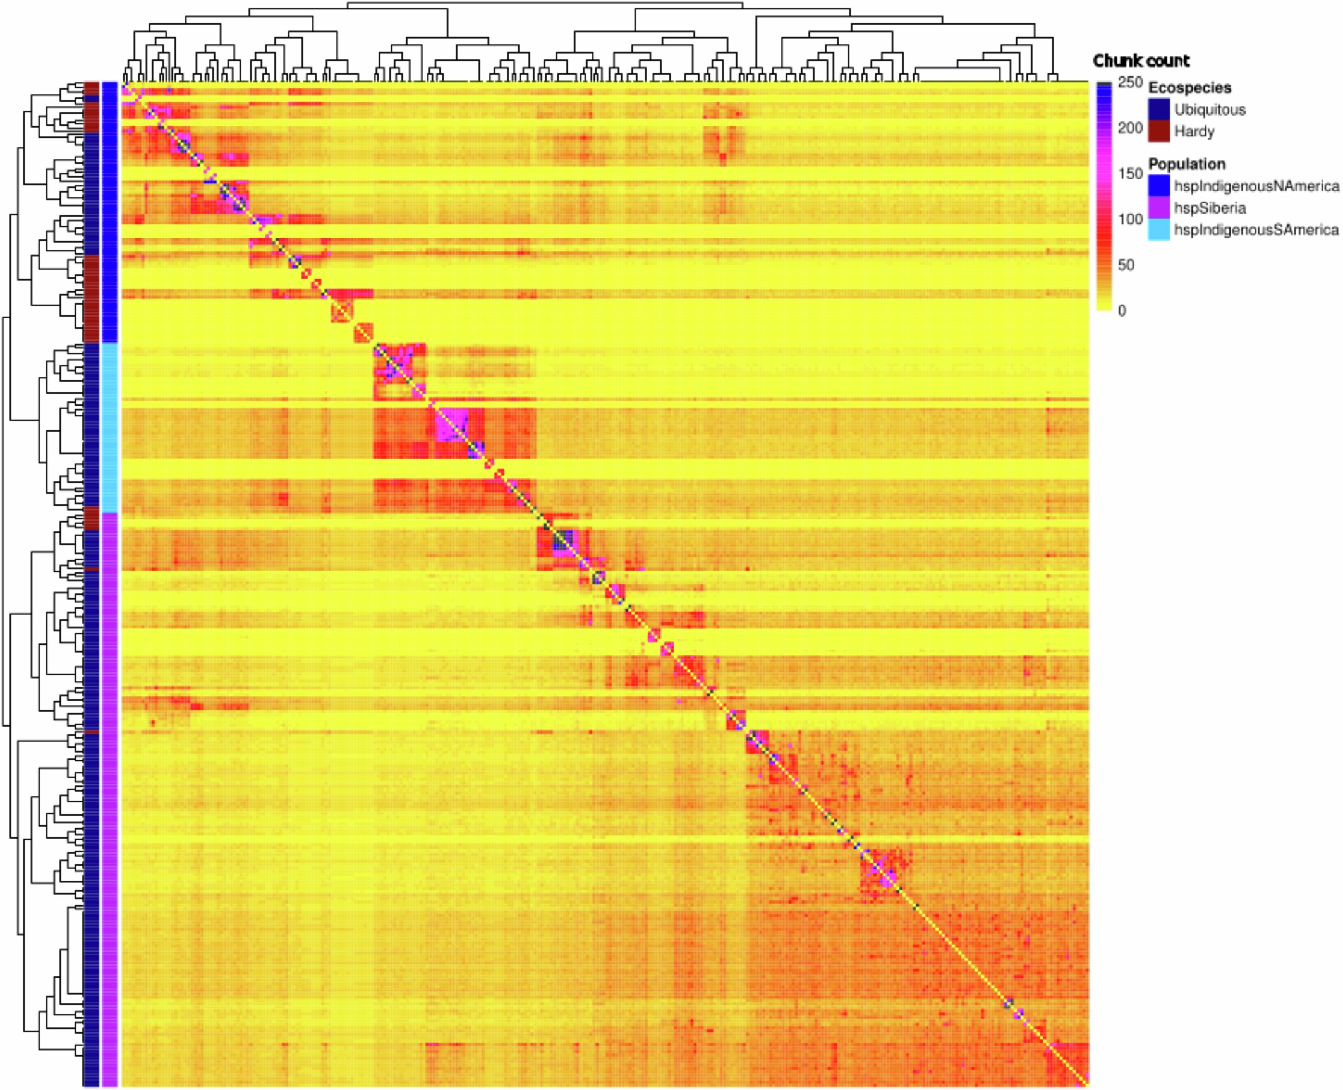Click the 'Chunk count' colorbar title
tap(1141, 61)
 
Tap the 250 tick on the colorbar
tap(1129, 83)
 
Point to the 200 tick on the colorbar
tap(1129, 128)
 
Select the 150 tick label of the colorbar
tap(1129, 174)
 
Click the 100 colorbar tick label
tap(1129, 219)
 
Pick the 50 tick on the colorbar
tap(1126, 265)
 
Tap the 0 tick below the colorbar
tap(1122, 310)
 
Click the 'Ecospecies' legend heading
tap(1189, 87)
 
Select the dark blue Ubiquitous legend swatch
tap(1159, 109)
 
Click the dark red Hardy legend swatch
tap(1159, 131)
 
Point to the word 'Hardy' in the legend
tap(1194, 131)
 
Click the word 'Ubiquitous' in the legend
tap(1210, 109)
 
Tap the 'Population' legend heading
tap(1186, 164)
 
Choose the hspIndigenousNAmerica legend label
tap(1256, 186)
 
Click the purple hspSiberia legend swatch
tap(1159, 208)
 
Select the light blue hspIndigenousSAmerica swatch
tap(1159, 230)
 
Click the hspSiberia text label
tap(1210, 208)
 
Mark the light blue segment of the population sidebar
tap(109, 427)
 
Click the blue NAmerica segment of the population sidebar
tap(109, 212)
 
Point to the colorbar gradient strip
tap(1104, 196)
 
